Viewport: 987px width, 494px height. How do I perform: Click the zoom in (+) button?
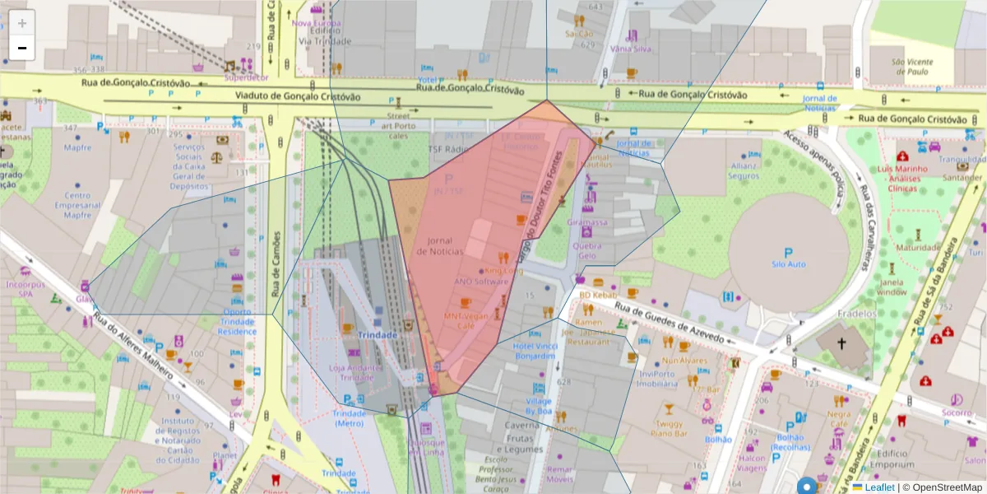pos(22,23)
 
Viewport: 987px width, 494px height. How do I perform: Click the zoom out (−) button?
pos(22,48)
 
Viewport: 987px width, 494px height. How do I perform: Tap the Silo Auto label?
pos(789,264)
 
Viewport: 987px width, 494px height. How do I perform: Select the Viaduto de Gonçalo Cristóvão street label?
pos(298,96)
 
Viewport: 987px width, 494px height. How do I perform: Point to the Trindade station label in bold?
pos(378,335)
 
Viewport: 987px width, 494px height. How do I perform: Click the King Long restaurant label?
pos(503,270)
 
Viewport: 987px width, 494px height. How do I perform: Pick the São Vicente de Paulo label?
pos(912,67)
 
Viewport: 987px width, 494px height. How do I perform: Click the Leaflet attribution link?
pos(878,487)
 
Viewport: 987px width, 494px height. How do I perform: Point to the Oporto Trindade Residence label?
pos(238,322)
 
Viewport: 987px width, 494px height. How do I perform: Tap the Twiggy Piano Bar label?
pos(670,427)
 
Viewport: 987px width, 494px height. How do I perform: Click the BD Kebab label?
pos(597,295)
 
